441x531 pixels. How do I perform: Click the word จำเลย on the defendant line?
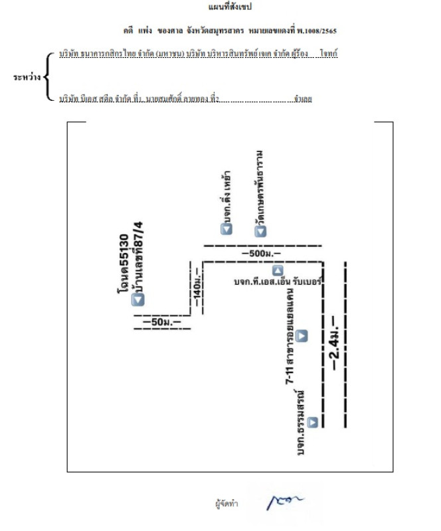pos(302,100)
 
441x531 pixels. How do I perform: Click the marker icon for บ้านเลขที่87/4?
pos(138,300)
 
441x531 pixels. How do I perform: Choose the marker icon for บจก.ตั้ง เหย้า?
pos(226,229)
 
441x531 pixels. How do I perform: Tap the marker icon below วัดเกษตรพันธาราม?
pos(260,231)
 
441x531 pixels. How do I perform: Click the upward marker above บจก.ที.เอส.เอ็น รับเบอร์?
pos(278,270)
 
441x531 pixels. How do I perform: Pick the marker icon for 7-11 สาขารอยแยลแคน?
pos(302,336)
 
